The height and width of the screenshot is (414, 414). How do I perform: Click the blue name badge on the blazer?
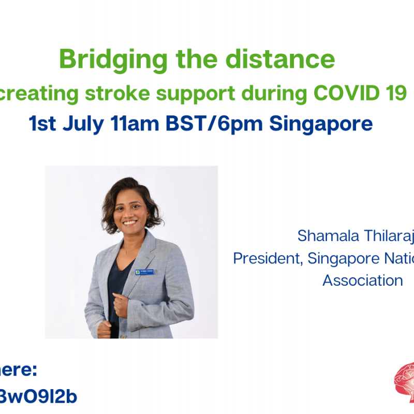pos(146,271)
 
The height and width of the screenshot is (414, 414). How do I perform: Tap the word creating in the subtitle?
pos(41,94)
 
